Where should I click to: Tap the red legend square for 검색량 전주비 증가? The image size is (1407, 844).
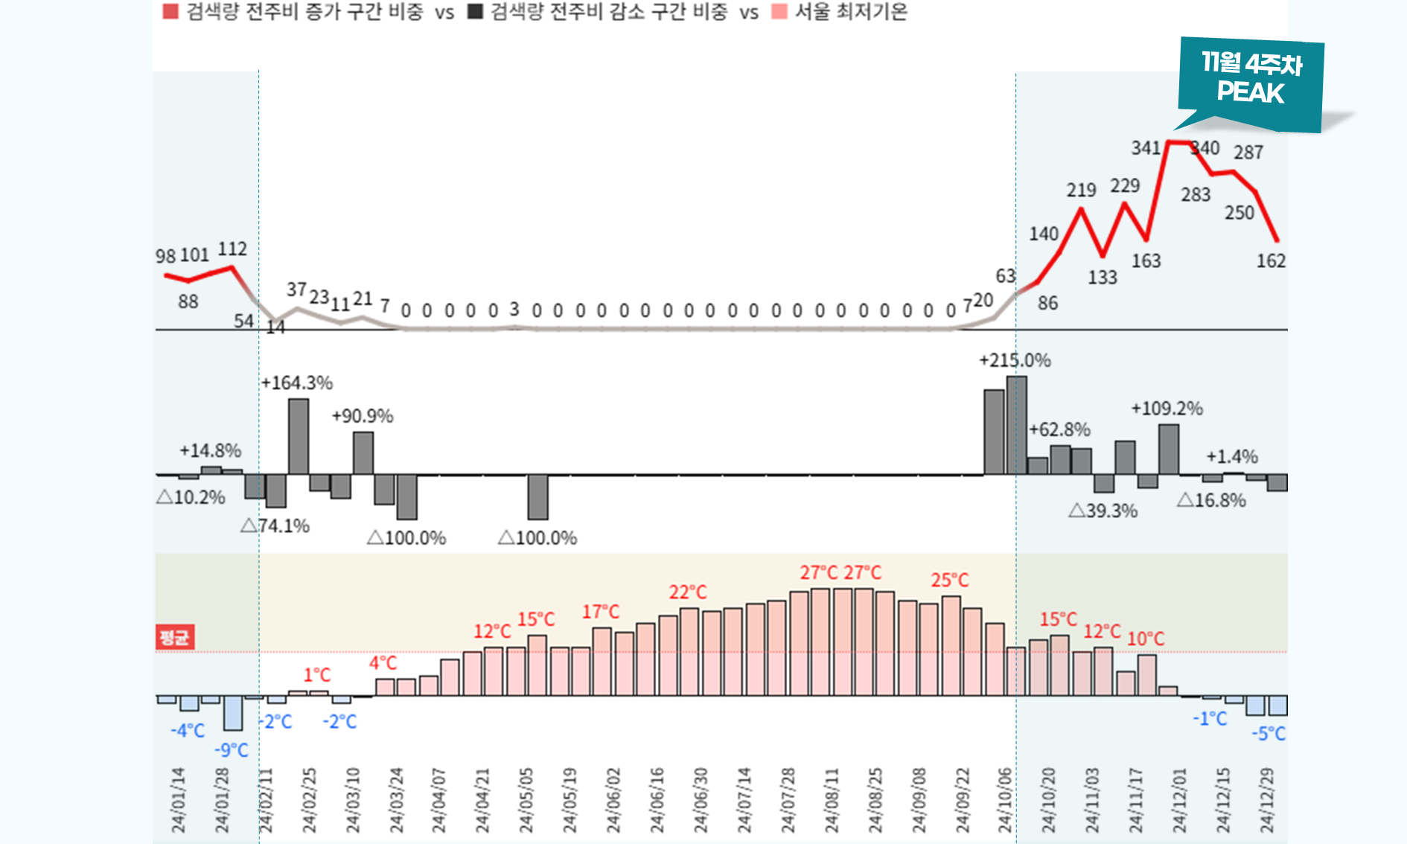[170, 11]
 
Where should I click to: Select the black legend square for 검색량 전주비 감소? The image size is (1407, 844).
[475, 11]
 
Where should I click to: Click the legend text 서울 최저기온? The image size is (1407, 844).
[851, 11]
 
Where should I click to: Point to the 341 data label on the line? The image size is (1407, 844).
[1146, 147]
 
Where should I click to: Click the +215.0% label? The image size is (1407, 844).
[1015, 360]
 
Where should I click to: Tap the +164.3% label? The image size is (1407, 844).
[297, 383]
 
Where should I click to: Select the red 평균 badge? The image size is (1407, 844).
[175, 637]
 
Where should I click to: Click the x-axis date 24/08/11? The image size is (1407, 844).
[832, 800]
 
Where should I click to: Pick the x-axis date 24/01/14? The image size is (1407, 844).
[178, 800]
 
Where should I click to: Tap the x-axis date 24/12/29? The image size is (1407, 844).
[1267, 800]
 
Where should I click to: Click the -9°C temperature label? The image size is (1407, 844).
[232, 750]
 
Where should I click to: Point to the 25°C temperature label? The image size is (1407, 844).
[950, 580]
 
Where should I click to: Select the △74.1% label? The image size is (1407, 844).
[275, 525]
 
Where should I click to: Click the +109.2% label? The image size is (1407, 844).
[1167, 408]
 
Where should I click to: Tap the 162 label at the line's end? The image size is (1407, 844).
[1271, 260]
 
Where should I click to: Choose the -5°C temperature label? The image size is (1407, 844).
[1269, 733]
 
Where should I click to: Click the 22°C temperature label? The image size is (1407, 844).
[687, 592]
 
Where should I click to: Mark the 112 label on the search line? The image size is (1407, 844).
[232, 249]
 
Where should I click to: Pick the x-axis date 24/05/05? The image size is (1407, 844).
[526, 800]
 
